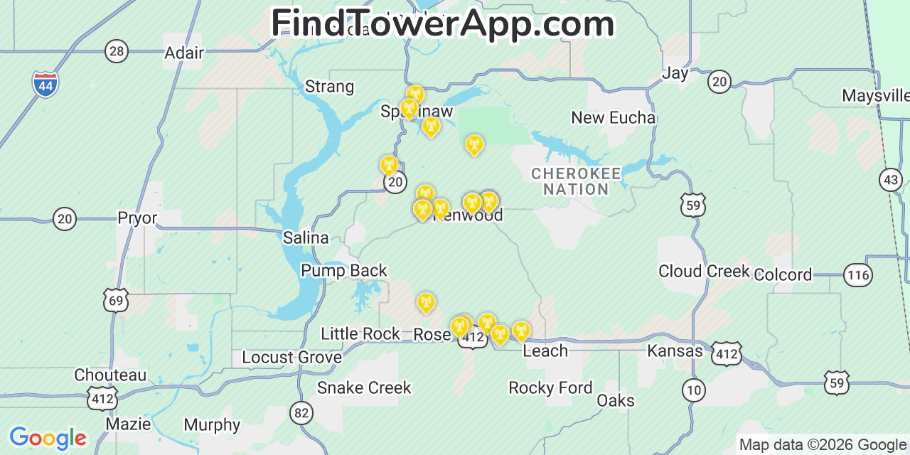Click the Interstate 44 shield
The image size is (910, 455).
(45, 85)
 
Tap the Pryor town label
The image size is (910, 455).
(137, 218)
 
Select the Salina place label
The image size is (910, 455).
(306, 237)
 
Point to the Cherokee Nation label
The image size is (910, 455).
(576, 181)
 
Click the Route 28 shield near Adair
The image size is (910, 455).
(117, 50)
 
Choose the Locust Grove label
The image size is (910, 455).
(291, 357)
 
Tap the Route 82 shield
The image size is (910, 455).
(301, 412)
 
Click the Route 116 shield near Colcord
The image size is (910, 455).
(858, 274)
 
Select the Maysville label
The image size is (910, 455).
(874, 95)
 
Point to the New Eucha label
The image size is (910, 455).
(613, 117)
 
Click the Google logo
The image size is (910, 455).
(48, 437)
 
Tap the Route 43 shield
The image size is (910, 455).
(891, 180)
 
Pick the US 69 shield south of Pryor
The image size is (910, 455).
(116, 300)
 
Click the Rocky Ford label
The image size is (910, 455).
(550, 387)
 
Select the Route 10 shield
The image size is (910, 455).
(693, 389)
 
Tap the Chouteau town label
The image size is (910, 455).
(110, 375)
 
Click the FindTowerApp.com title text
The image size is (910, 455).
(442, 24)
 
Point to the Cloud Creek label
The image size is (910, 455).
(704, 271)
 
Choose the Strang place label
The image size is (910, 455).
(329, 87)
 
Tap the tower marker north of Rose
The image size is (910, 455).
(426, 302)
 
